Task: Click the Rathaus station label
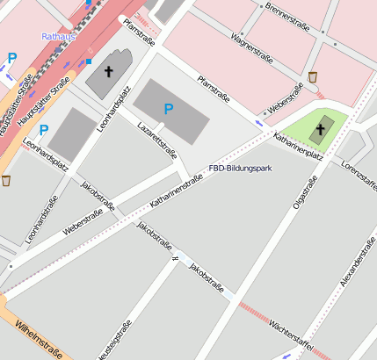tap(59, 37)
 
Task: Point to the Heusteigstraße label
tap(115, 342)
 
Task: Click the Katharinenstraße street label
tap(177, 191)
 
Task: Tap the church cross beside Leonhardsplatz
tap(109, 71)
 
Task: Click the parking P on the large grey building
tap(169, 108)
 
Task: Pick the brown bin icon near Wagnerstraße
tap(313, 78)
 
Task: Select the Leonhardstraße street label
tap(36, 219)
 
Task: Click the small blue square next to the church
tap(88, 61)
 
